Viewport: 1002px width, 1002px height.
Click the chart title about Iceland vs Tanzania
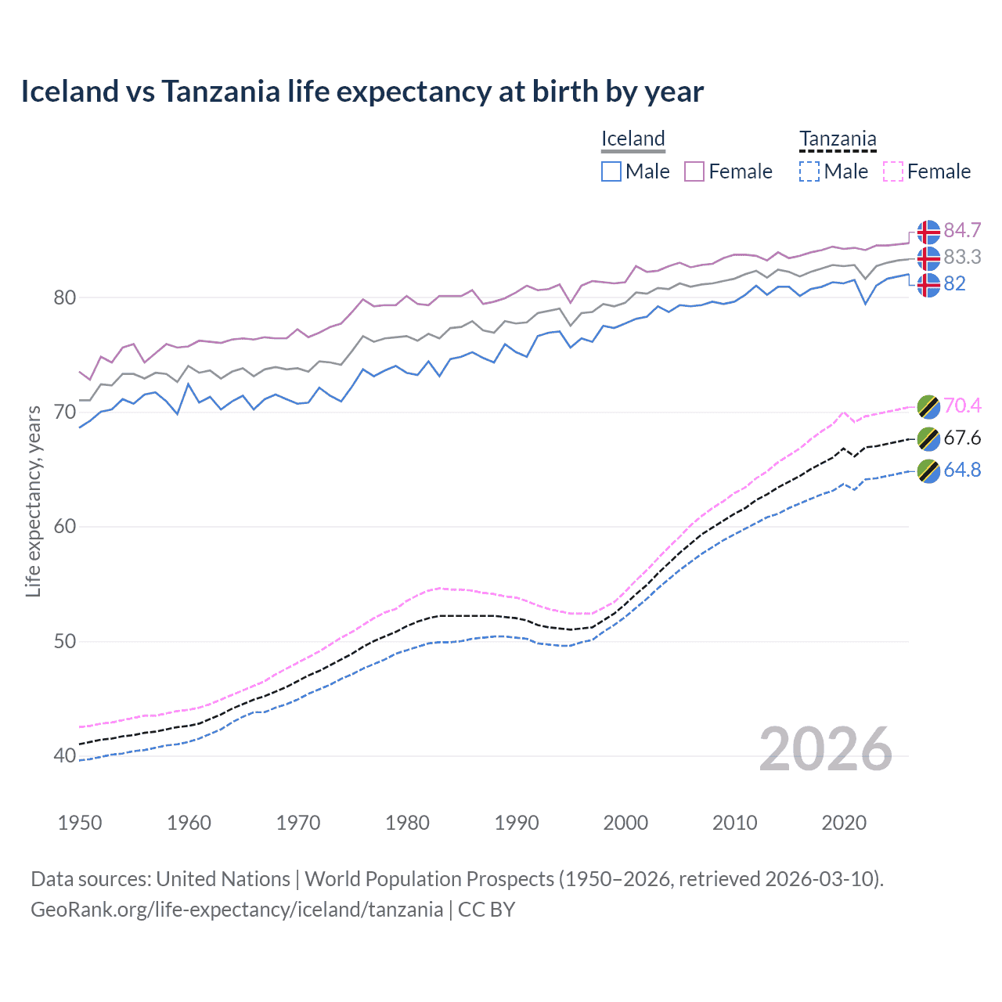pyautogui.click(x=362, y=92)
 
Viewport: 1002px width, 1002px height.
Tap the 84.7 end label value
pyautogui.click(x=962, y=231)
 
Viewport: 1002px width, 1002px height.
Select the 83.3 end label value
pyautogui.click(x=962, y=257)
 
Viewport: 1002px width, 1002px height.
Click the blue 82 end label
pyautogui.click(x=954, y=283)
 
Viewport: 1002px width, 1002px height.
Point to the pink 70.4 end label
pyautogui.click(x=962, y=405)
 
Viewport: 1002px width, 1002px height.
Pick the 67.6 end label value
pyautogui.click(x=962, y=438)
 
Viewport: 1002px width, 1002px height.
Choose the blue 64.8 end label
pyautogui.click(x=962, y=470)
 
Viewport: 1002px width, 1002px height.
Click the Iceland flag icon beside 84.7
pyautogui.click(x=928, y=232)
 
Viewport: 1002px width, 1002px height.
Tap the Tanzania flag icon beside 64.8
pyautogui.click(x=928, y=471)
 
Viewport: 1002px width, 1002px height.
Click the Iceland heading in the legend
pyautogui.click(x=633, y=139)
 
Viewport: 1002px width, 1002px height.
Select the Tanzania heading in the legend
pyautogui.click(x=837, y=139)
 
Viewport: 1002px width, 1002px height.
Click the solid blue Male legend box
pyautogui.click(x=611, y=171)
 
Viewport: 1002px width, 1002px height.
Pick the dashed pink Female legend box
pyautogui.click(x=893, y=171)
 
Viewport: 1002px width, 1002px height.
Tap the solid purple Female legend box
pyautogui.click(x=694, y=171)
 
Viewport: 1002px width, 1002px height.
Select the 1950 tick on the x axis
pyautogui.click(x=80, y=823)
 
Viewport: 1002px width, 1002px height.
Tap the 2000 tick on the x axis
pyautogui.click(x=625, y=823)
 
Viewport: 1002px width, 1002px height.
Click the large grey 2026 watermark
pyautogui.click(x=825, y=750)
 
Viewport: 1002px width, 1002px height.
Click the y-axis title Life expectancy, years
pyautogui.click(x=33, y=501)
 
